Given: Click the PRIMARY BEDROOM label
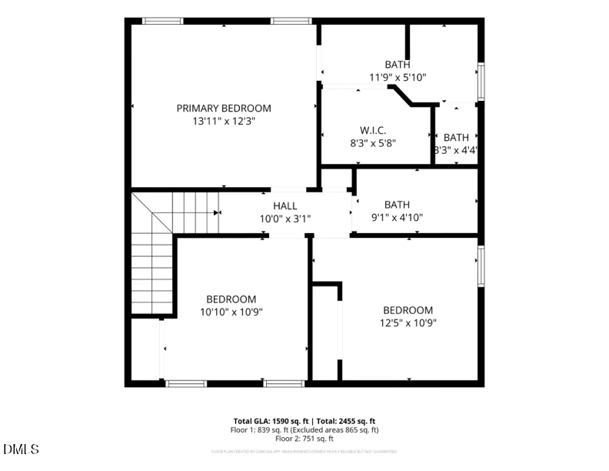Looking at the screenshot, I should pyautogui.click(x=224, y=109).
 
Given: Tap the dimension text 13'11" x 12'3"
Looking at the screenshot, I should pyautogui.click(x=224, y=122).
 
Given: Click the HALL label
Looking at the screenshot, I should pyautogui.click(x=285, y=205).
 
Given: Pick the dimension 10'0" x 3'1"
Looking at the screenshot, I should pyautogui.click(x=285, y=219).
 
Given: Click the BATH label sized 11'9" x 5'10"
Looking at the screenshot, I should pyautogui.click(x=398, y=65).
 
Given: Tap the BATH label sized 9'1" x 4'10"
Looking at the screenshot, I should pyautogui.click(x=397, y=204).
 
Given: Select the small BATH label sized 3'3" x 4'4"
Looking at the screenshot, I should pyautogui.click(x=456, y=138).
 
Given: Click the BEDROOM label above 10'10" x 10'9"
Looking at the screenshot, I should pyautogui.click(x=231, y=299).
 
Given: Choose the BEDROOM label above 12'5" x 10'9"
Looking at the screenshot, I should pyautogui.click(x=408, y=310).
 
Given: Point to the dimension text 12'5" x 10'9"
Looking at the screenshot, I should pyautogui.click(x=408, y=322).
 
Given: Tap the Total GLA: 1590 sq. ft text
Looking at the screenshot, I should pyautogui.click(x=271, y=421).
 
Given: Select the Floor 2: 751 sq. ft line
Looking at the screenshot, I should pyautogui.click(x=305, y=439).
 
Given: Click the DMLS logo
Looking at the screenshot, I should pyautogui.click(x=21, y=449).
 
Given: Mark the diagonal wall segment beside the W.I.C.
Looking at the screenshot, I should pyautogui.click(x=400, y=96).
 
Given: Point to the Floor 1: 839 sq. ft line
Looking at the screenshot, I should pyautogui.click(x=305, y=430).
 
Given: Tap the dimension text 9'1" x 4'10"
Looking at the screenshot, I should pyautogui.click(x=397, y=217).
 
